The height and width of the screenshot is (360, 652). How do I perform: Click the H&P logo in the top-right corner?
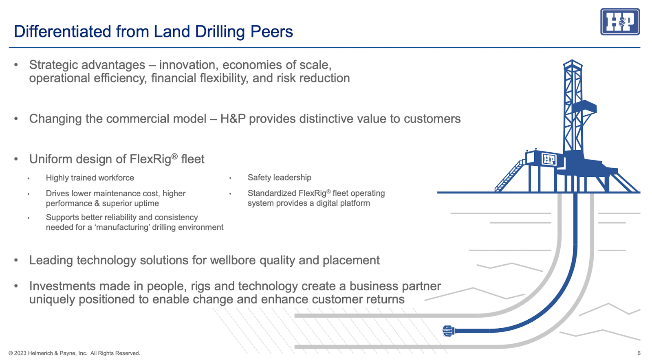[620, 22]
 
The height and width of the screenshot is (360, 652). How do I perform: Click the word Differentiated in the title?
[63, 31]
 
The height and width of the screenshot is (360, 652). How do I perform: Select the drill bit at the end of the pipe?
[448, 331]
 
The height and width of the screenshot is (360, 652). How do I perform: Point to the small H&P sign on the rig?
[548, 159]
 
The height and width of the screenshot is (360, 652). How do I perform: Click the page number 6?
[639, 353]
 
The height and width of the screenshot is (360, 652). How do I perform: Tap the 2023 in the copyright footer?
[20, 353]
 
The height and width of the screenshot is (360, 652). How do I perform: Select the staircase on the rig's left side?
[509, 176]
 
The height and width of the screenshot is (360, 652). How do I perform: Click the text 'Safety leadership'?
[280, 178]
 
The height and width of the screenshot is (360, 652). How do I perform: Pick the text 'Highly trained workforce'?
[90, 178]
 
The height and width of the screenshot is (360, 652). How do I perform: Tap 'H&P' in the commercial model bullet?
[233, 119]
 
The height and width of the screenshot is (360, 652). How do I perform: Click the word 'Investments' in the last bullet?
[62, 286]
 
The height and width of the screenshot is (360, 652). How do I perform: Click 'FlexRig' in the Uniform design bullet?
[150, 159]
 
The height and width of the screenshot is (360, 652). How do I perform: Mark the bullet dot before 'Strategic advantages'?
[16, 65]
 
